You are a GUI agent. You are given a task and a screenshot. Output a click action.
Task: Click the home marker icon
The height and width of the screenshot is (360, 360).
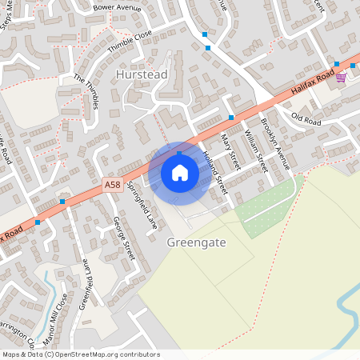click(x=180, y=172)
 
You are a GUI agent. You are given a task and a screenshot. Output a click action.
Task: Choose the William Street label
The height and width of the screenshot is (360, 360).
click(x=254, y=150)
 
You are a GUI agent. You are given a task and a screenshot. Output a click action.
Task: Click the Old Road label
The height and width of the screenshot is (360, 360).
click(x=306, y=120)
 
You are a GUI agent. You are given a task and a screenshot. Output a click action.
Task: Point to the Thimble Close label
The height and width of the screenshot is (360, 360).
click(x=130, y=41)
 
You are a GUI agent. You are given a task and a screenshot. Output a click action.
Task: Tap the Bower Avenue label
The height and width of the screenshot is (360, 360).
click(x=116, y=7)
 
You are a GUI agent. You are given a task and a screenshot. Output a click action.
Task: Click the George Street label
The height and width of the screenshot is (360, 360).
click(x=124, y=232)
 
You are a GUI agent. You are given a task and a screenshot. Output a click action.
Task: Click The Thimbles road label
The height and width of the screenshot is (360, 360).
click(x=86, y=91)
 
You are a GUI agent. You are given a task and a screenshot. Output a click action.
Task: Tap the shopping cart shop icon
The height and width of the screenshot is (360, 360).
click(x=342, y=78)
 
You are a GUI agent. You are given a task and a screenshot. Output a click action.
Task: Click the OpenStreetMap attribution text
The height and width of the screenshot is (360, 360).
click(x=81, y=354)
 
